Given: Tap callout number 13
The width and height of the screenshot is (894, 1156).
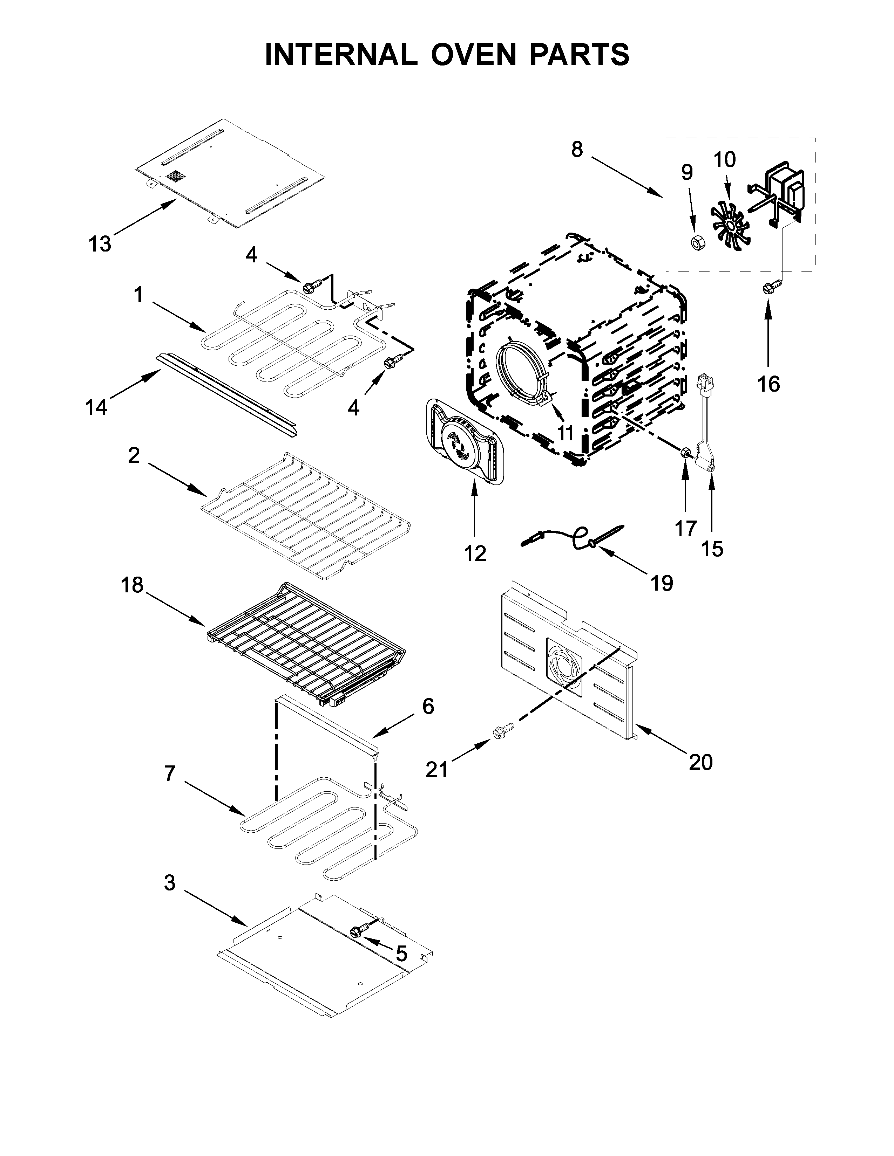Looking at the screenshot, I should tap(100, 244).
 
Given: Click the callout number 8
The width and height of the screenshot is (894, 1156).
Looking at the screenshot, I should tap(577, 150).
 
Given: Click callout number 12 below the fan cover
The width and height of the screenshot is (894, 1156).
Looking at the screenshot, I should tap(475, 553).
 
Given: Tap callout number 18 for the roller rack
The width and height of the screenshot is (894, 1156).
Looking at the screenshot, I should tap(132, 585).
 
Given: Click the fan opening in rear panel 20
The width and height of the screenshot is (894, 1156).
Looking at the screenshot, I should tap(564, 666).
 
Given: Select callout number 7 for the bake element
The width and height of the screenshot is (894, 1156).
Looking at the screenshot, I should tap(169, 774).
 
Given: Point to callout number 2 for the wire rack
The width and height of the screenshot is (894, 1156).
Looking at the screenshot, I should tap(134, 455).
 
